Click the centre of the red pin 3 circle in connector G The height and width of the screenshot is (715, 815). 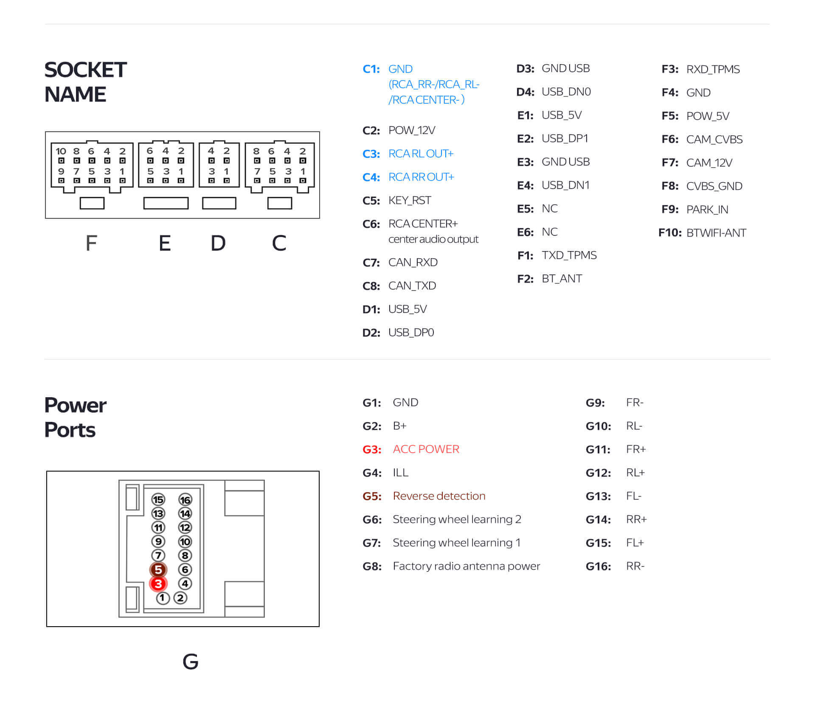click(158, 584)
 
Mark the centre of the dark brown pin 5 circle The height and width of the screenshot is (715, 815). click(158, 570)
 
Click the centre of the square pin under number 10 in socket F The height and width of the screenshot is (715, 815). click(61, 161)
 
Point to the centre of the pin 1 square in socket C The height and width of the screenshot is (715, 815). click(303, 181)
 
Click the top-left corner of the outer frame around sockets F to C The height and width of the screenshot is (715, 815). click(45, 132)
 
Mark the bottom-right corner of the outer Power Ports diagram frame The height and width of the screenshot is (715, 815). click(319, 627)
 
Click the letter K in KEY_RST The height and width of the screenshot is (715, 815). click(392, 201)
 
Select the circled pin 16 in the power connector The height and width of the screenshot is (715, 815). click(185, 500)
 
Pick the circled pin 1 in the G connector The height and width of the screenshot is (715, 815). click(163, 598)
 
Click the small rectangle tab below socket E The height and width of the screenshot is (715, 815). click(166, 203)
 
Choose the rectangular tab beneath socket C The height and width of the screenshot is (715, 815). click(280, 203)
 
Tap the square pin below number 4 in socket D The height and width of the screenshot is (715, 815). click(211, 161)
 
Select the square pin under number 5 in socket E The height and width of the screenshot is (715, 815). click(150, 181)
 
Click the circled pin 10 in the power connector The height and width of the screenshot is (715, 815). click(185, 542)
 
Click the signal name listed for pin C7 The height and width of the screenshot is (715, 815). click(413, 263)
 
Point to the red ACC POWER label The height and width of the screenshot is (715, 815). click(426, 449)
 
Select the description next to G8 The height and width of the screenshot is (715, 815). click(466, 566)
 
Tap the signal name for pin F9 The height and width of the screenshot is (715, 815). click(707, 209)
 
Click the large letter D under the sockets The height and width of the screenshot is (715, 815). click(218, 243)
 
